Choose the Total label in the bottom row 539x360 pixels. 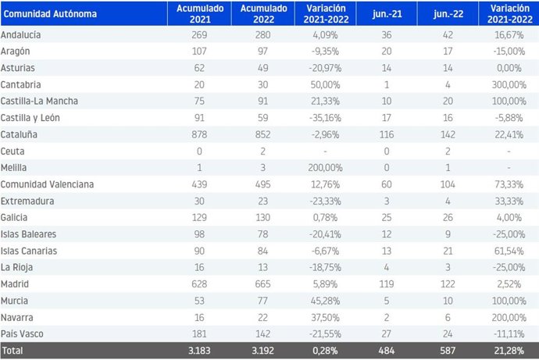click(x=15, y=351)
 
